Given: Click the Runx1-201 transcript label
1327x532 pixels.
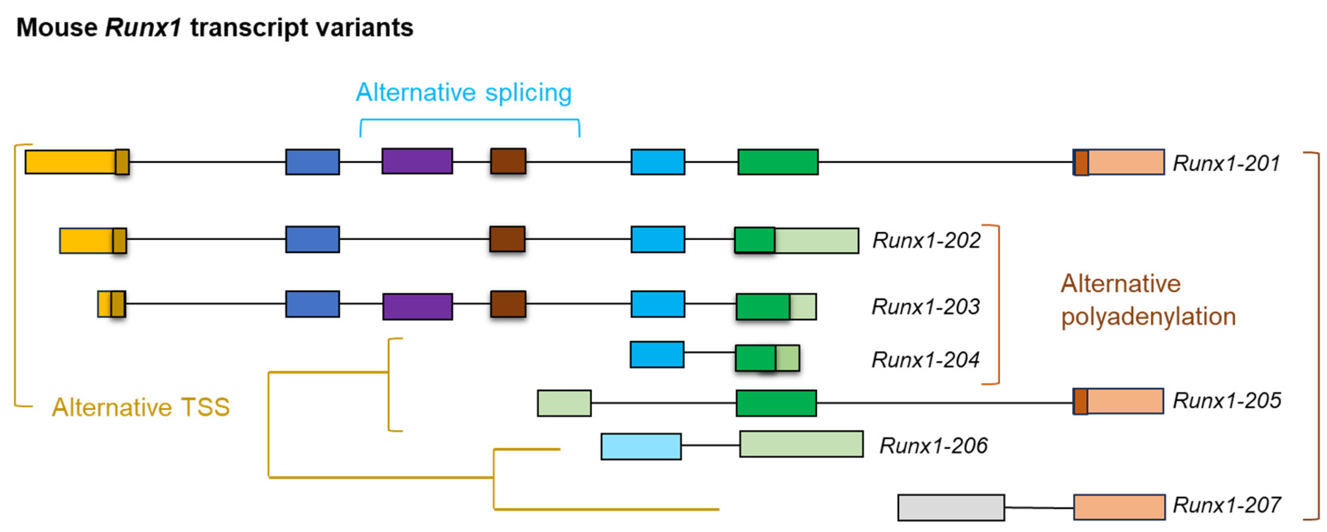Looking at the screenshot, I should [x=1226, y=163].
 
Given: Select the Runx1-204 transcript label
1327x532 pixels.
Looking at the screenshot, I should [x=925, y=359].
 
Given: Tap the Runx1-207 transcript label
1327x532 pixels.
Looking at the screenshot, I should [x=1227, y=505].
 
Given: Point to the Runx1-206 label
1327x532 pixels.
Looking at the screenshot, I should [x=933, y=445].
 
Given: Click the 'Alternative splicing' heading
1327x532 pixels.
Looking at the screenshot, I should [x=464, y=93].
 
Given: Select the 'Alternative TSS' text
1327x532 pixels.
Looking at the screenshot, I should [x=141, y=407].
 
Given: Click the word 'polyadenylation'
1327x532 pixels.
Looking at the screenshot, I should [x=1148, y=316].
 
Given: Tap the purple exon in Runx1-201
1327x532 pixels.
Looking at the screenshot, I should [x=417, y=161].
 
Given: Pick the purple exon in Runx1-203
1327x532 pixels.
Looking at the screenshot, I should [x=417, y=307].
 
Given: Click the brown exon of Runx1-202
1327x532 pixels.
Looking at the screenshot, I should [x=507, y=239].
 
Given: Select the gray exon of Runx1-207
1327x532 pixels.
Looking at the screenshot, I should [x=950, y=507].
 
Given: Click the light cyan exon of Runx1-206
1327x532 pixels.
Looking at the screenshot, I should [x=640, y=446].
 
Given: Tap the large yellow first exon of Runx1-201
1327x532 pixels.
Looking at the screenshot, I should [x=70, y=162].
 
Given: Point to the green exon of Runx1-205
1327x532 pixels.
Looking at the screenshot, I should [x=775, y=403].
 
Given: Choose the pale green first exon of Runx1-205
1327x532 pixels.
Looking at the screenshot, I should [x=564, y=403].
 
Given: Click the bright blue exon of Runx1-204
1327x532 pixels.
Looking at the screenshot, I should [x=657, y=354].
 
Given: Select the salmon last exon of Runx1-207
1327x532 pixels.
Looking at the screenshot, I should [x=1119, y=507].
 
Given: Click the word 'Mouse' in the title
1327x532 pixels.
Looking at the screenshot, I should [x=56, y=27].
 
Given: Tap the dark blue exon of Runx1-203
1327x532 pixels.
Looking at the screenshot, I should [x=312, y=304].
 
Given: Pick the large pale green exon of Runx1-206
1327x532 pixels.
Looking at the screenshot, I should [x=801, y=444].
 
